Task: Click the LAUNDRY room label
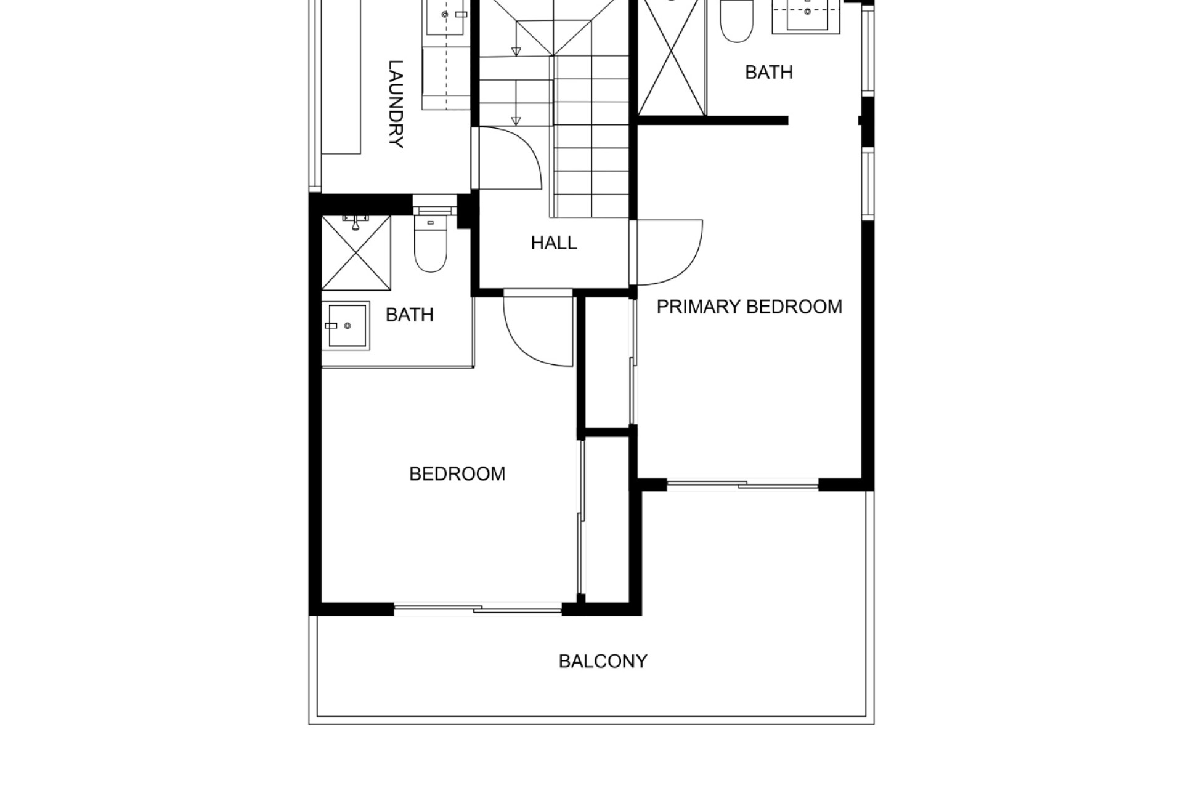click(x=396, y=104)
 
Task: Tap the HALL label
click(x=554, y=243)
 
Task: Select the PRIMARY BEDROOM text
click(x=749, y=307)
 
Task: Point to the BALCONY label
click(x=603, y=661)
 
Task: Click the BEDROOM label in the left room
click(x=457, y=474)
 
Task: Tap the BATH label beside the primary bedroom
click(x=768, y=73)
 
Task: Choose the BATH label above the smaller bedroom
click(x=409, y=315)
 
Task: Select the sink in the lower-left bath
click(x=346, y=326)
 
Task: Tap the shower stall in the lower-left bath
click(x=356, y=252)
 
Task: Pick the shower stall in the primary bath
click(x=672, y=58)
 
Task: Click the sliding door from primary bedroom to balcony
click(x=742, y=484)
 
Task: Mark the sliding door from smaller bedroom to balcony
click(x=478, y=609)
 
